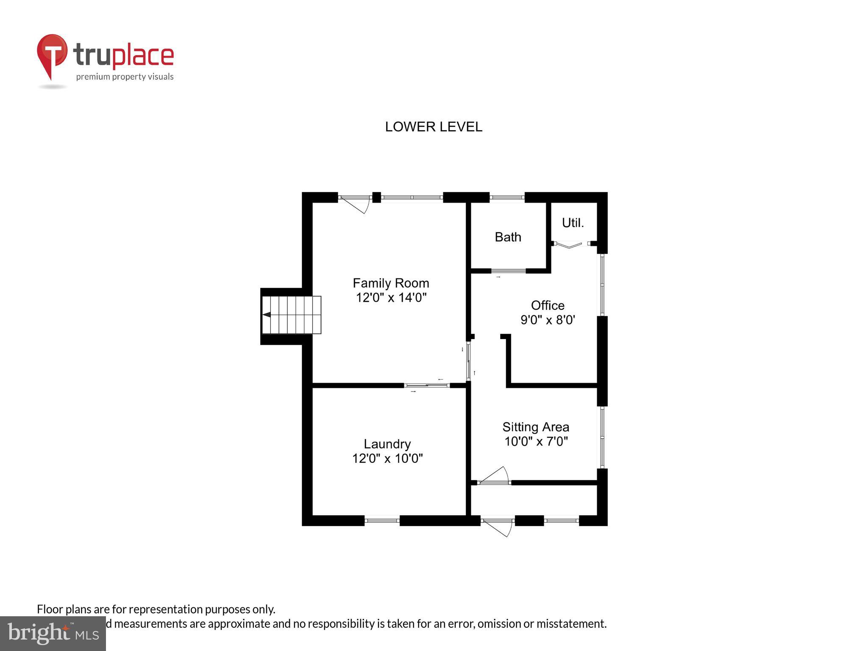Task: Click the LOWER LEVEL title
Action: click(433, 127)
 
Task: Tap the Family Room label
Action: click(391, 283)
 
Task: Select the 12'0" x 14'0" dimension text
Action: click(391, 298)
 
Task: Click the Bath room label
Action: click(508, 237)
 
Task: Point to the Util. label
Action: click(573, 223)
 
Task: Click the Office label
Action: click(548, 305)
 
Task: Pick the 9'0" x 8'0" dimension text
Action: click(548, 320)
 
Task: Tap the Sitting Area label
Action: click(536, 427)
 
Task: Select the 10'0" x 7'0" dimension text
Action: click(536, 441)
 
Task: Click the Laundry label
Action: click(387, 444)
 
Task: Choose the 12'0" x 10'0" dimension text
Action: click(387, 458)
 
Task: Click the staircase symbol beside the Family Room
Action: click(291, 315)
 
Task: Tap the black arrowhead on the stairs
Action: click(267, 314)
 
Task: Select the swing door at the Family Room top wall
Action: click(355, 203)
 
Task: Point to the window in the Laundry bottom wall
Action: click(382, 520)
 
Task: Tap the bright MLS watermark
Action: click(53, 633)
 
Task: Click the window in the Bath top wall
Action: click(507, 197)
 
